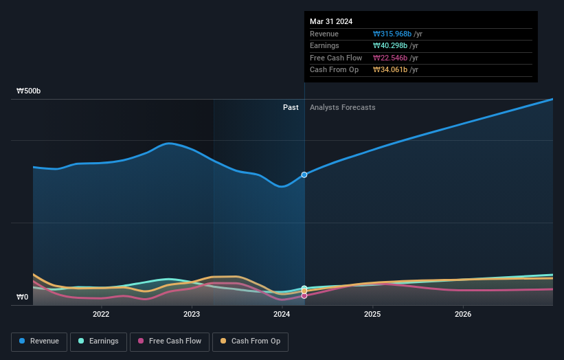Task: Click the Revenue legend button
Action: (39, 341)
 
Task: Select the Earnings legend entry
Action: (99, 341)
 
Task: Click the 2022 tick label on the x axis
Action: (101, 315)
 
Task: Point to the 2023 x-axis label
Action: (192, 315)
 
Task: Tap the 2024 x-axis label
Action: (282, 315)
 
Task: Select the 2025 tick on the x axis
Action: (372, 315)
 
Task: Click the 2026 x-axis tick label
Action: (463, 315)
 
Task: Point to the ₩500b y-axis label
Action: (29, 91)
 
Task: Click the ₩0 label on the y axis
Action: (23, 297)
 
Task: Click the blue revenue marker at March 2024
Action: (304, 175)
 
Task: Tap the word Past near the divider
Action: (291, 107)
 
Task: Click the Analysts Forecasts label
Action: (343, 107)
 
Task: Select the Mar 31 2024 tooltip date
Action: (331, 21)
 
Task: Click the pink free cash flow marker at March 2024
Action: (304, 295)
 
